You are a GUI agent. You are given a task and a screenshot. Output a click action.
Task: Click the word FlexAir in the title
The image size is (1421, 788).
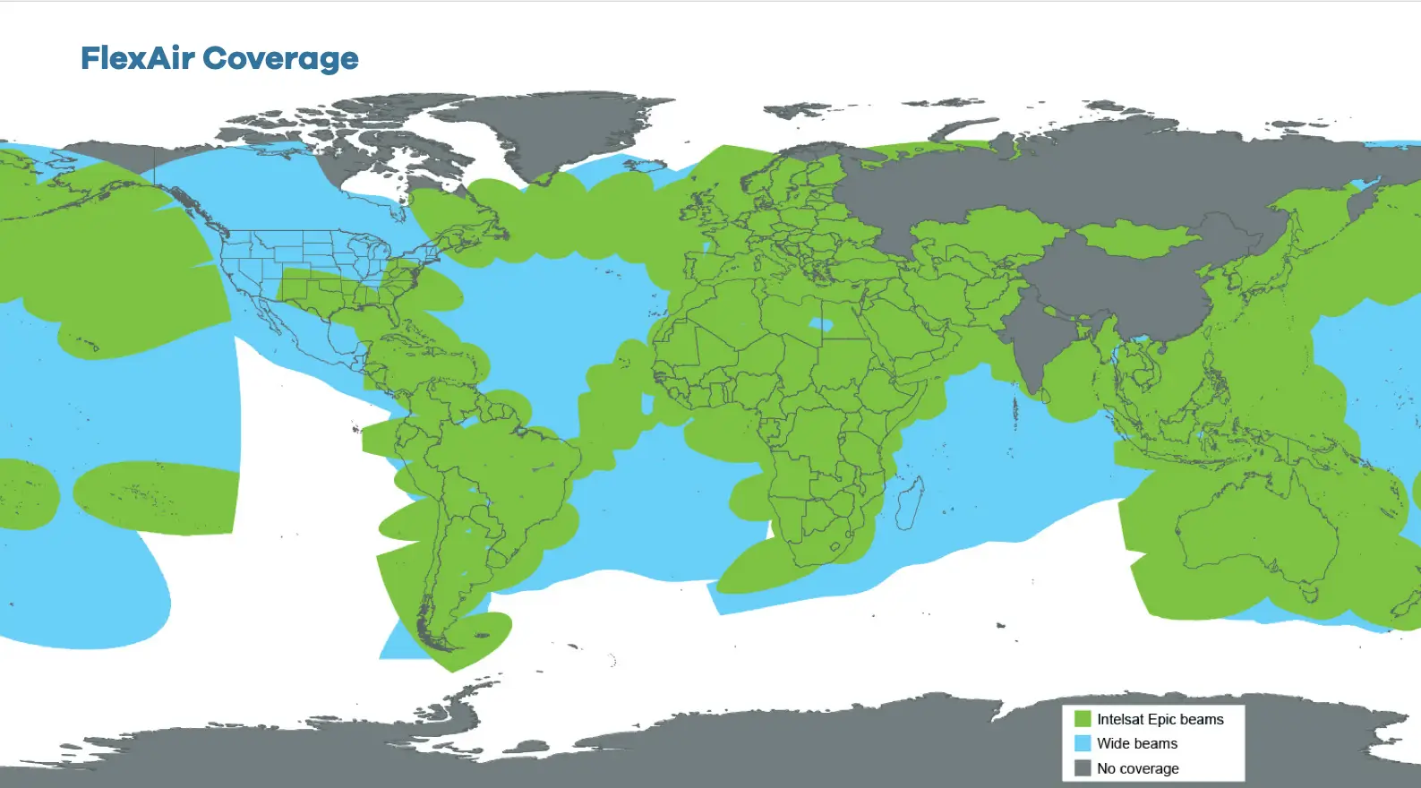137,58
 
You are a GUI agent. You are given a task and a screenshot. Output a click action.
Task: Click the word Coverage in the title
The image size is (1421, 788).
280,59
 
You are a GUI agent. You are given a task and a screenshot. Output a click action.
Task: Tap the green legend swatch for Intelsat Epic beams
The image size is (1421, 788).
1083,719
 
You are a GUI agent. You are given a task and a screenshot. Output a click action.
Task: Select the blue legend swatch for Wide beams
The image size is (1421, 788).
1083,743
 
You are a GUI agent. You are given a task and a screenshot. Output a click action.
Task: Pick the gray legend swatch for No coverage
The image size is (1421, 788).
1083,768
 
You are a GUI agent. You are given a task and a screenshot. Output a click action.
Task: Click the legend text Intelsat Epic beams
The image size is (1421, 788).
1160,719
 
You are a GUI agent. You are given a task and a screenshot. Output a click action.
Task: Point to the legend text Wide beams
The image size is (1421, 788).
1136,743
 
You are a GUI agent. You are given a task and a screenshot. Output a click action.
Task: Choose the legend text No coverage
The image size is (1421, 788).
1137,768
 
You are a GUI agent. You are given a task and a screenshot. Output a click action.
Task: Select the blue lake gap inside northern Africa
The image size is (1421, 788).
819,324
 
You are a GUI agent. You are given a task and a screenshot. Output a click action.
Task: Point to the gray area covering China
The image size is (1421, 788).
1128,287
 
